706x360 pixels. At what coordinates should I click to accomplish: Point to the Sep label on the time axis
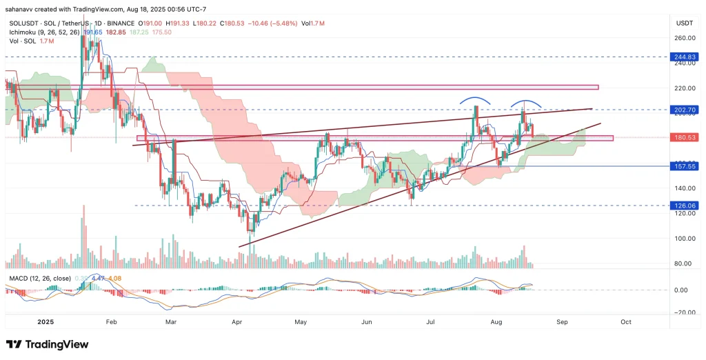[562, 321]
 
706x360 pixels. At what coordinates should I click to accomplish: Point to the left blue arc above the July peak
[476, 99]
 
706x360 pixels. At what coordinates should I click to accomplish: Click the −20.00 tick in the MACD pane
[683, 312]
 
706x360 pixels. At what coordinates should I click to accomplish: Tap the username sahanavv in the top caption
[23, 8]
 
